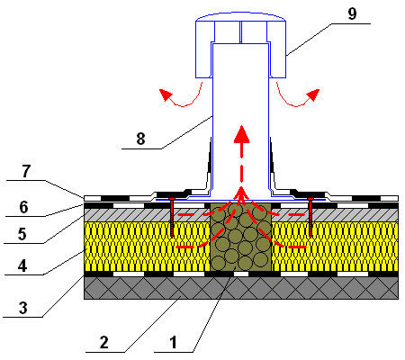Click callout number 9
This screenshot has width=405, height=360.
point(352,13)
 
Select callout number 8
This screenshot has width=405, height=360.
point(140,139)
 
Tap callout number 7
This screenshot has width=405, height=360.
point(26,171)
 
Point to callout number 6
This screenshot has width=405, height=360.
point(23,207)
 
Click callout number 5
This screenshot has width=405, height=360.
point(22,234)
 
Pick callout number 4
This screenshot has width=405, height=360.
point(22,265)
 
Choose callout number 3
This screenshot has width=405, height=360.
point(22,308)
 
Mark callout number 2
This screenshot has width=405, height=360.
point(103,343)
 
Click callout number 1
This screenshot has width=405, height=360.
point(173,343)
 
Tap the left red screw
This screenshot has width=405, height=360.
point(172,217)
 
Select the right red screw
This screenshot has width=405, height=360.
point(310,217)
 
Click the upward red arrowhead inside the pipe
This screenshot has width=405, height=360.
point(241,134)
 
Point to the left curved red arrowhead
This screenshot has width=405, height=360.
point(166,94)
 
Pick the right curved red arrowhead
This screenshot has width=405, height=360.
point(312,94)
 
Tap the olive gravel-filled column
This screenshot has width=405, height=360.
point(241,237)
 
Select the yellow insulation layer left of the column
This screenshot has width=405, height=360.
point(148,247)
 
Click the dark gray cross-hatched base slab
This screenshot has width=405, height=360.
point(241,288)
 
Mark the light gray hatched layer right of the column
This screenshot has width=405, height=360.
point(335,215)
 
